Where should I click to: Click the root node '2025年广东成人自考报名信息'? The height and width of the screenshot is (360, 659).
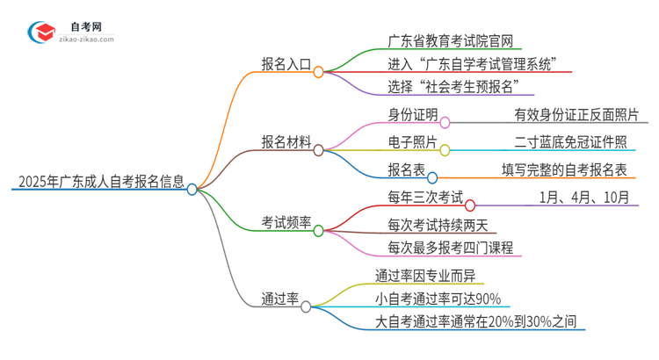coord(101,183)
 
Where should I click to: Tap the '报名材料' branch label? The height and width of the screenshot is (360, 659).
coord(286,142)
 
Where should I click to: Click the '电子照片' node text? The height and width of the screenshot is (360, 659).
coord(411,141)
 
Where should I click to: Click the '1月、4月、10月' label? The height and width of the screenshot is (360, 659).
coord(584,198)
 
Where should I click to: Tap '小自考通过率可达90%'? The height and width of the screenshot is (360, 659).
coord(438,298)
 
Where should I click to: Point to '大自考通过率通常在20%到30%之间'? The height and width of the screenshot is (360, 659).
coord(477,322)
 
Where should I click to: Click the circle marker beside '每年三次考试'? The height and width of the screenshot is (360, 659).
coord(470,205)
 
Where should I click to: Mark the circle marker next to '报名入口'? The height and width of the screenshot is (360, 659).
coord(319,72)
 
